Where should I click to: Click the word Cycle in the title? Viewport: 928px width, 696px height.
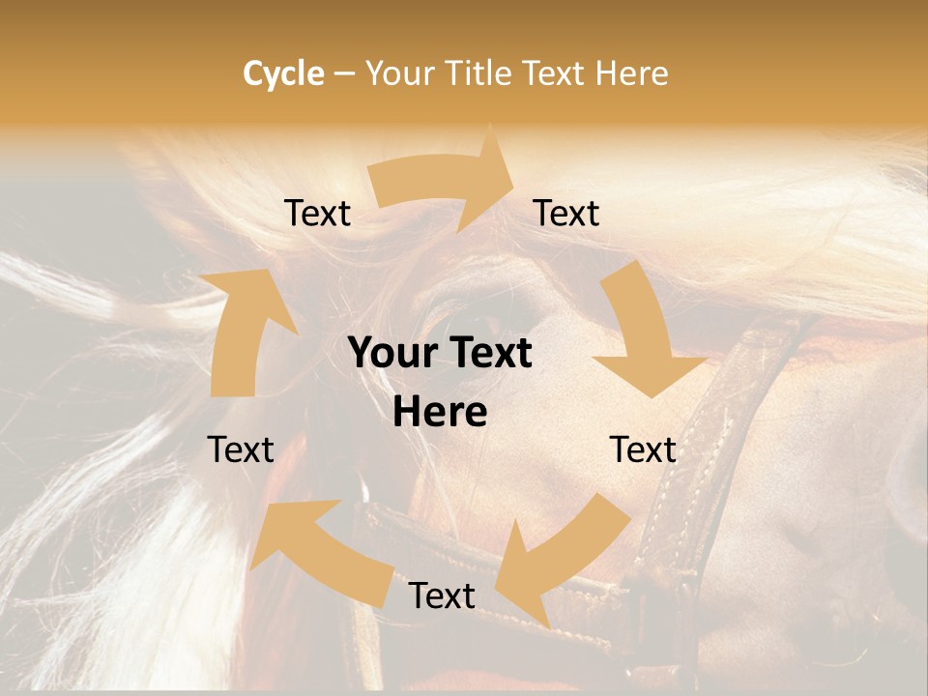(283, 73)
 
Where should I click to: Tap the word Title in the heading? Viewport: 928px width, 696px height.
(478, 73)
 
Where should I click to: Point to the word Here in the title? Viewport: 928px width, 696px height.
(631, 73)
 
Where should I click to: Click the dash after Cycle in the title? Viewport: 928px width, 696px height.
(344, 74)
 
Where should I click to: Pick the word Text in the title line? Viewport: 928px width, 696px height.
(554, 73)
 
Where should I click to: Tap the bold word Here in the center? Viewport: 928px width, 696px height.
(440, 413)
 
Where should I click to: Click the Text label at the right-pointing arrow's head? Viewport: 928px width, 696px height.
(566, 213)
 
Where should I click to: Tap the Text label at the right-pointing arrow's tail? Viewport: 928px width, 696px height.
(318, 213)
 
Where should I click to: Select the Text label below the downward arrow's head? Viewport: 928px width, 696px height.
(643, 449)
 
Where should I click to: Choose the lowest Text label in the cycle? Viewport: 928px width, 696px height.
(442, 595)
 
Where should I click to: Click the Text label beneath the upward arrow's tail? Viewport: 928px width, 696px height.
(241, 449)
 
